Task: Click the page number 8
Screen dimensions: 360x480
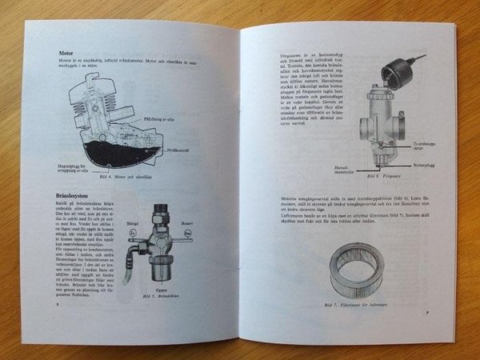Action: [57, 304]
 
